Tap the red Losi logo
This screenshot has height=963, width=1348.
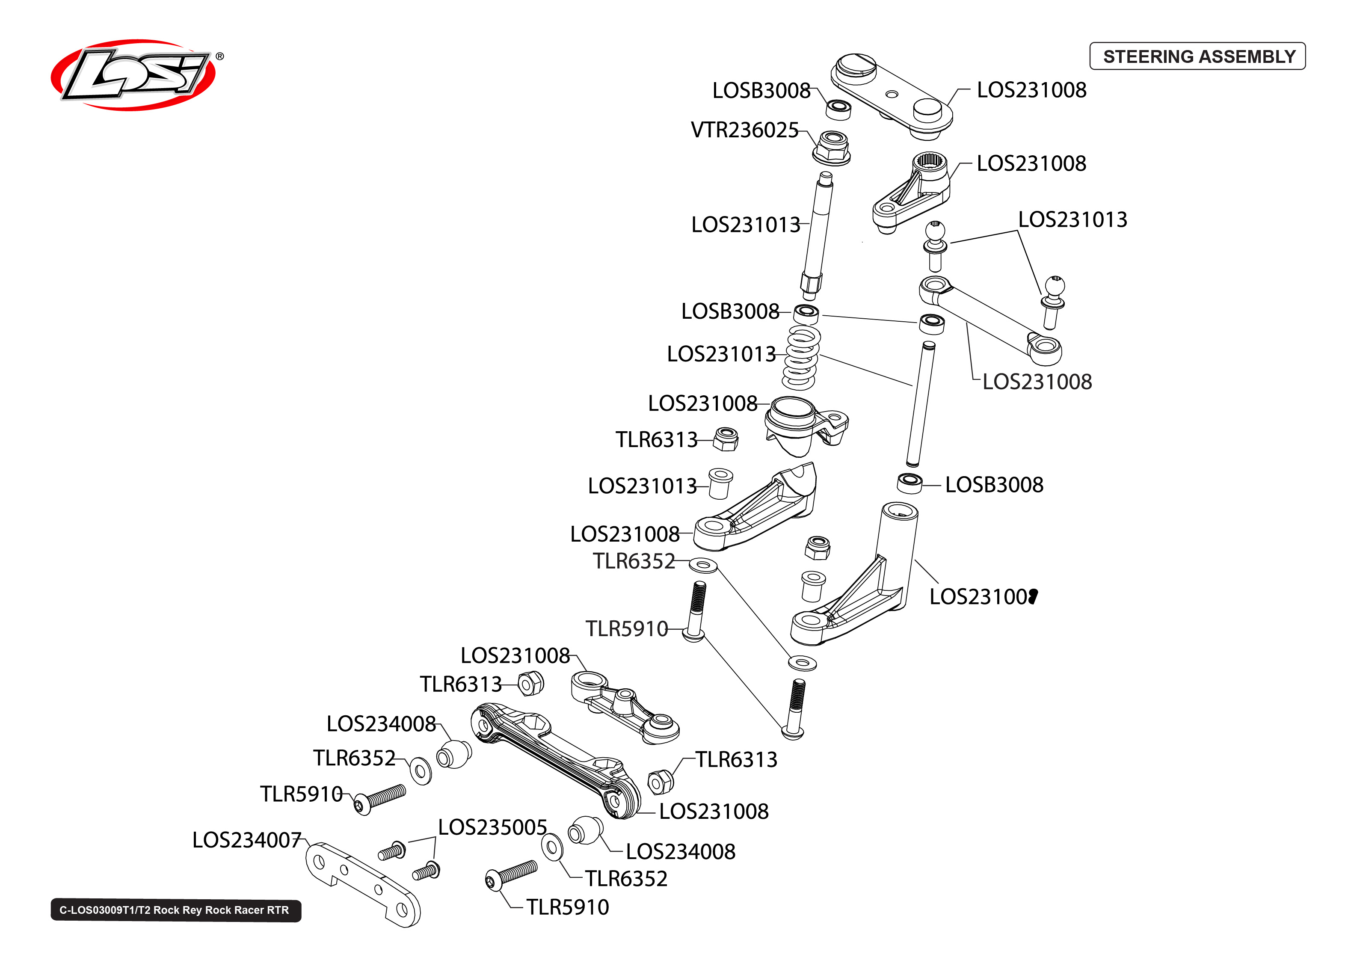coord(133,75)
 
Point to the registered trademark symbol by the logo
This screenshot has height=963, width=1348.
coord(220,56)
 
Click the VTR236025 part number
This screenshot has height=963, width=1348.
coord(744,130)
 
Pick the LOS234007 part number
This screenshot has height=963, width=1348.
coord(246,840)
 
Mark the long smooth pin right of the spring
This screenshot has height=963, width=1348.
coord(921,404)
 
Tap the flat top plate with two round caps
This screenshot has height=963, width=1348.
coord(892,97)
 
